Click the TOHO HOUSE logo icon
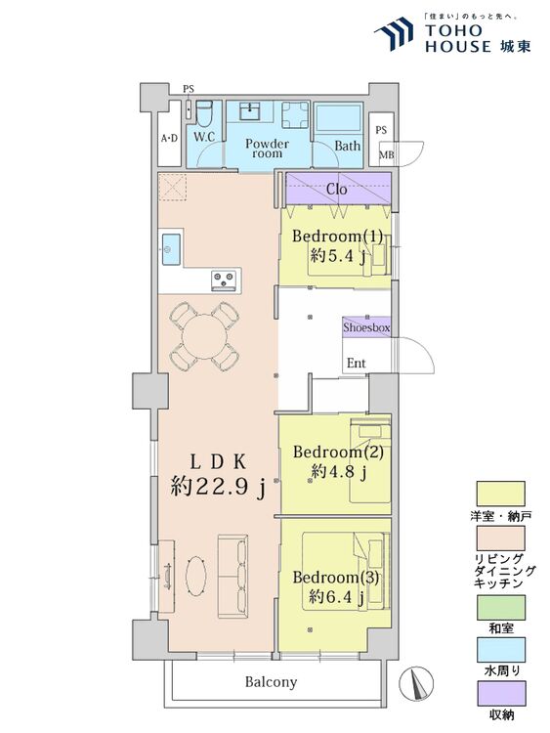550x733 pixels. (396, 33)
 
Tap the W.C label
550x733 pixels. (204, 138)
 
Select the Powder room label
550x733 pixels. (267, 149)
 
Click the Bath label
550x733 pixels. (347, 147)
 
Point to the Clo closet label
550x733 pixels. (336, 189)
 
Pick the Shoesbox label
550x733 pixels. (366, 328)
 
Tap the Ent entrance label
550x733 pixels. (357, 364)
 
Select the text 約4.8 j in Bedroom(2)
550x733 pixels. (338, 472)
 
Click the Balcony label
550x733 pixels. (271, 682)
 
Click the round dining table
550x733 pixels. (203, 335)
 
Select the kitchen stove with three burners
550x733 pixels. (224, 280)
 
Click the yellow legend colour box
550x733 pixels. (500, 493)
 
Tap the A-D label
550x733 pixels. (169, 138)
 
